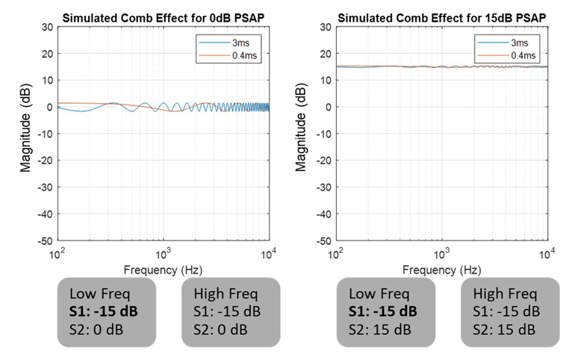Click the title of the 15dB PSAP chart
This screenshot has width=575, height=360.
443,16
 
